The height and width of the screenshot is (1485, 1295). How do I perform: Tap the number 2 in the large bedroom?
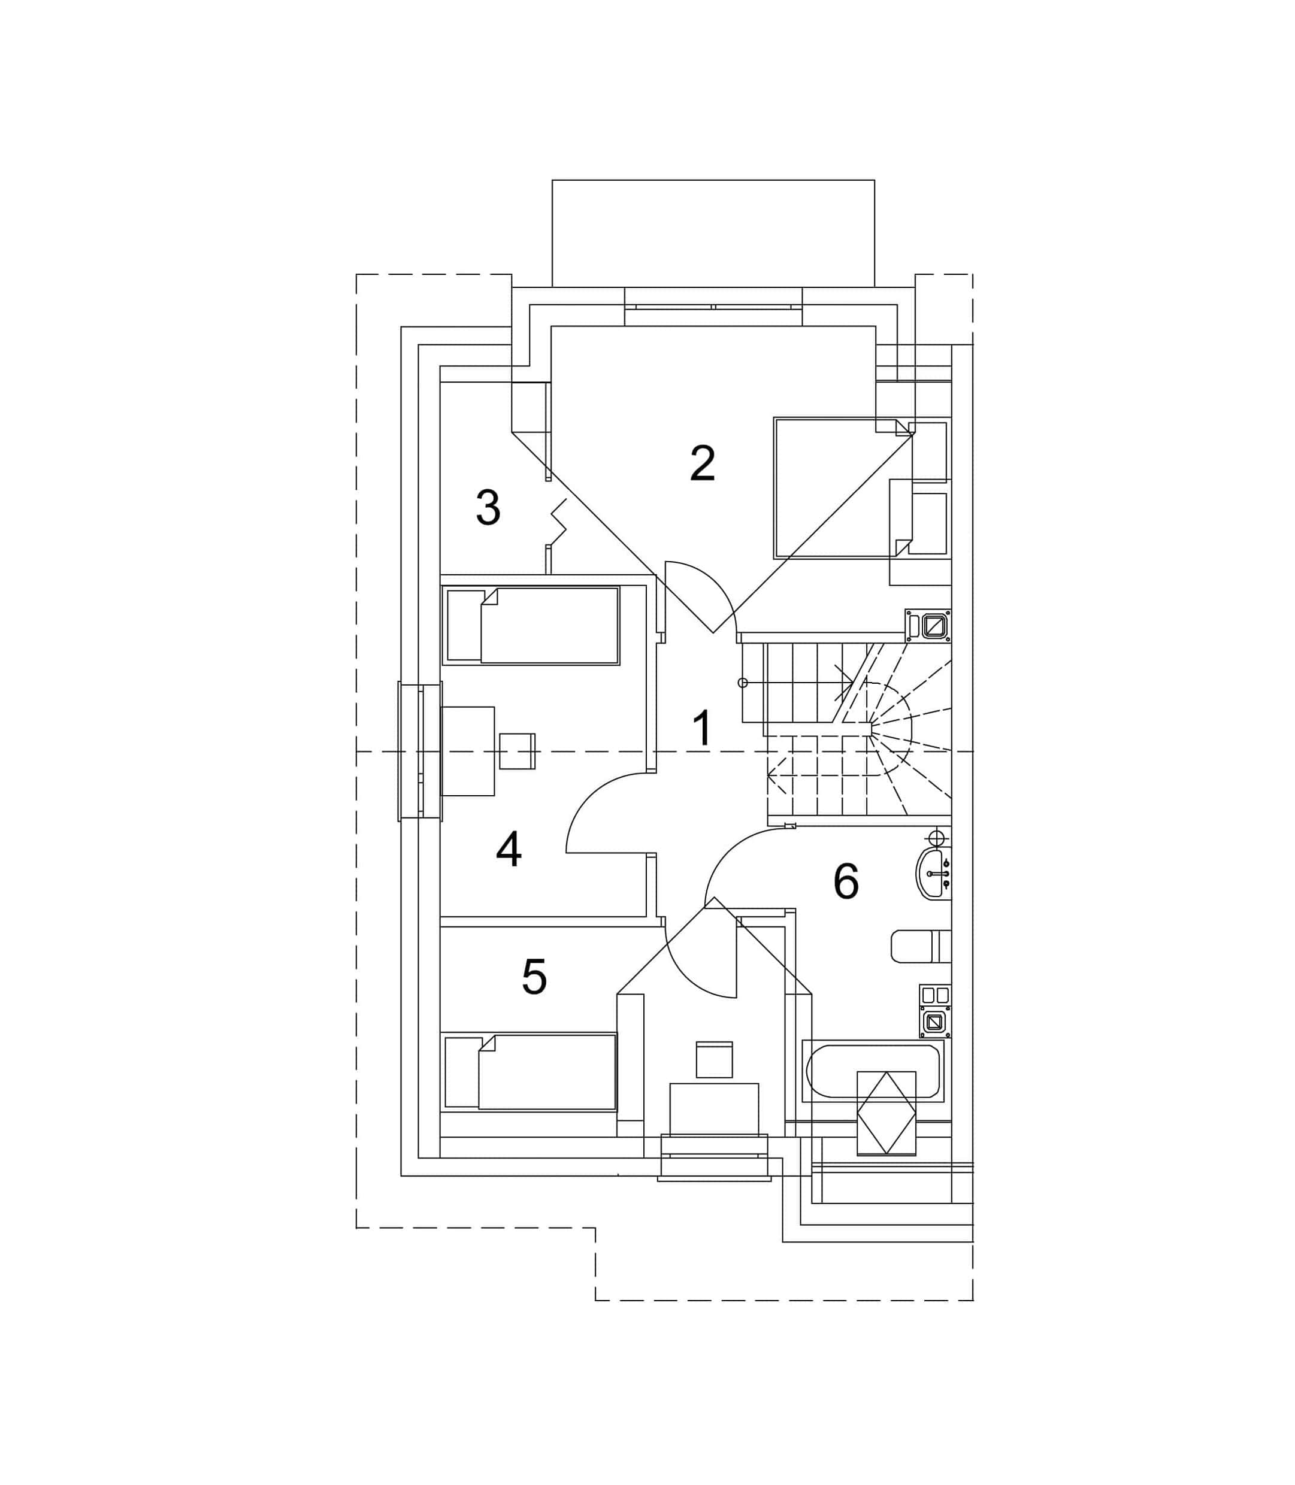703,463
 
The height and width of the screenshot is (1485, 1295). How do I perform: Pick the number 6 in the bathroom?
846,881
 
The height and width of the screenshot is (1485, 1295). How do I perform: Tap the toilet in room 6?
921,946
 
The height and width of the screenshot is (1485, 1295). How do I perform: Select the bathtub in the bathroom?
873,1071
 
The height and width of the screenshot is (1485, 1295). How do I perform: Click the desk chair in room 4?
518,750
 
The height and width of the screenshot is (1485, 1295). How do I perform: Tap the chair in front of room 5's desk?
714,1060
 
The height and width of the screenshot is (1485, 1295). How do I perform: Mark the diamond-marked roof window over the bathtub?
886,1113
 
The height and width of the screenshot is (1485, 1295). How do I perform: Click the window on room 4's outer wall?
420,751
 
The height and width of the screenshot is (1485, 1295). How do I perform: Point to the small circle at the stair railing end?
742,683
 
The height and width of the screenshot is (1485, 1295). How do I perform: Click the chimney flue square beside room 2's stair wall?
936,626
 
